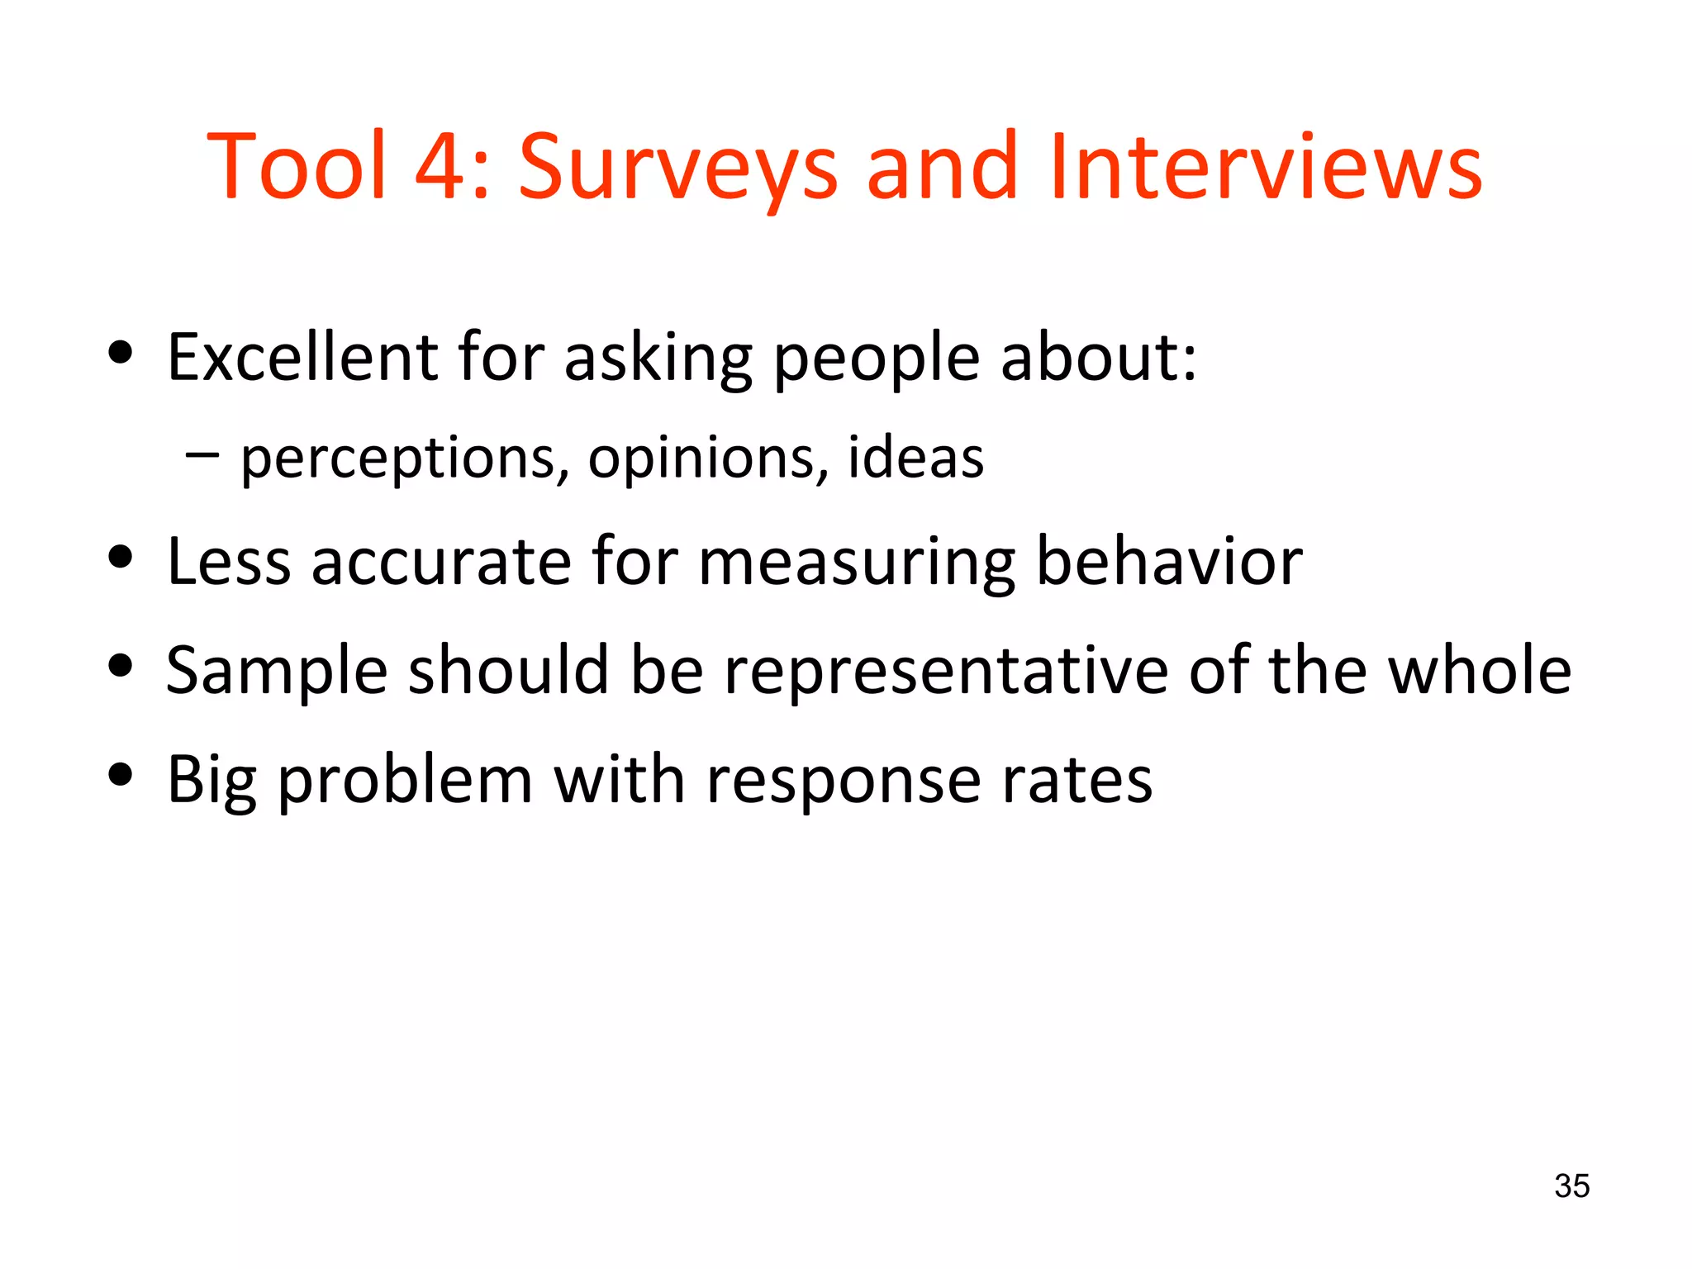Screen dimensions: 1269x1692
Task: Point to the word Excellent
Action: [302, 357]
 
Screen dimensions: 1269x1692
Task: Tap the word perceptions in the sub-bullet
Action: [404, 459]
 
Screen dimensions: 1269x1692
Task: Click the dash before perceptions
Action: [202, 454]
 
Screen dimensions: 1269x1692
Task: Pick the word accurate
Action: [441, 563]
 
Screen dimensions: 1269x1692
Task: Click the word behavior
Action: [1169, 561]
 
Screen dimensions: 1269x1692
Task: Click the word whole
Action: [1479, 670]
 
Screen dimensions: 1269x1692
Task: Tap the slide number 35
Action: [1571, 1186]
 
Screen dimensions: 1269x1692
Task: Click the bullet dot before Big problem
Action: [121, 775]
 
